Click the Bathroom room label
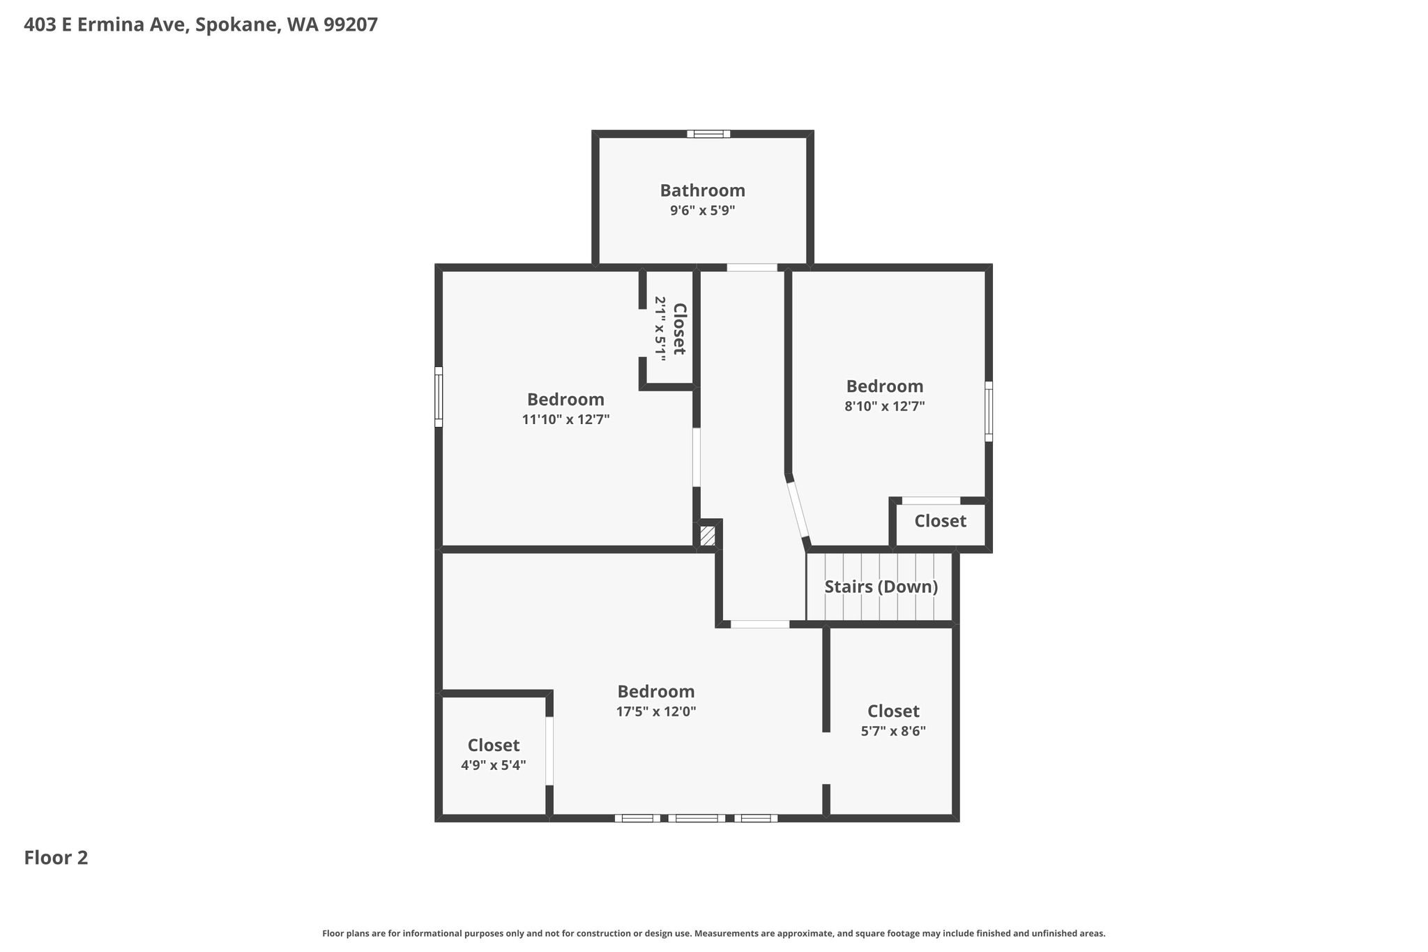702,190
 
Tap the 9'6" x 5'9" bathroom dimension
702,210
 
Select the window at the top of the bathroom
708,134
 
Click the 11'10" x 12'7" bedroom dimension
565,419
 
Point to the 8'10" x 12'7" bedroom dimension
884,406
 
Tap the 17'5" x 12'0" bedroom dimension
655,711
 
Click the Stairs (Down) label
881,587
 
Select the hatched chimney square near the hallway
707,536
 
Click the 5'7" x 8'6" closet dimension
893,731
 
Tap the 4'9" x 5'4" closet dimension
493,765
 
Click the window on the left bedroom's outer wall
439,397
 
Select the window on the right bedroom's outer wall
989,411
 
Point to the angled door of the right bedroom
798,509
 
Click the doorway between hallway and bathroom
752,267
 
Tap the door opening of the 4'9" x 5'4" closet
549,750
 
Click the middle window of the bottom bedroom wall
697,818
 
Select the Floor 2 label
56,858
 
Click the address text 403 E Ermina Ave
105,25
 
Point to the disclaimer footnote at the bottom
713,933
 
